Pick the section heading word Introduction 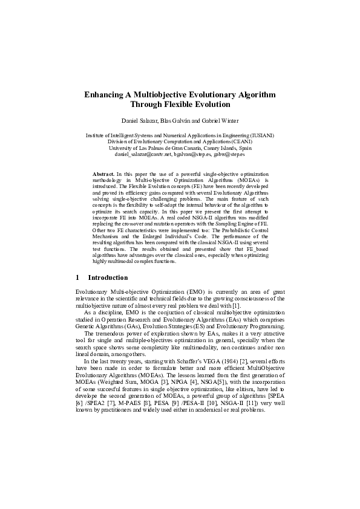(x=108, y=277)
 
